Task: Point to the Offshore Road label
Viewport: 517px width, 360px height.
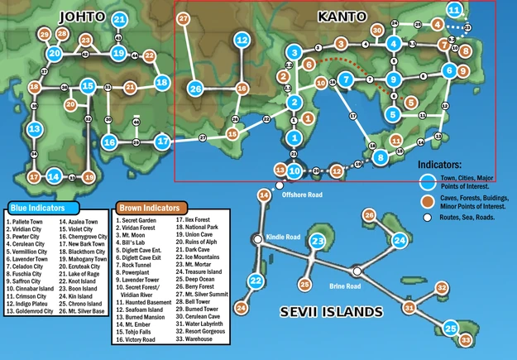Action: [300, 194]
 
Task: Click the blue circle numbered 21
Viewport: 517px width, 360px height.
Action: [120, 20]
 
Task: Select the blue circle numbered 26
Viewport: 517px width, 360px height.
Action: [196, 89]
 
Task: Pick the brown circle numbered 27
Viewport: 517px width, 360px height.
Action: [183, 17]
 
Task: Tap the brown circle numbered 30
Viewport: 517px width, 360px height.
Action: [377, 31]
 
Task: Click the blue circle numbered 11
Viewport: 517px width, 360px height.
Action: [454, 10]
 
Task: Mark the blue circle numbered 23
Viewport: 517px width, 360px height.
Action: [318, 242]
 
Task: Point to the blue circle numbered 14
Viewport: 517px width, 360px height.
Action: [53, 176]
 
